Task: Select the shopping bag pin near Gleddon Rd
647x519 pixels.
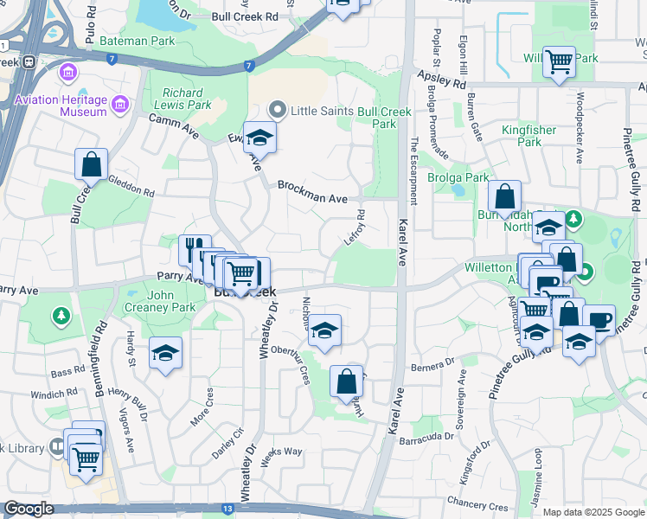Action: coord(91,164)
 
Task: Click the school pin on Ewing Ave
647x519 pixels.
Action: coord(258,139)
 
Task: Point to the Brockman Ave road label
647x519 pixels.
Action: coord(312,192)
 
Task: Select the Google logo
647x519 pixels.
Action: coord(29,509)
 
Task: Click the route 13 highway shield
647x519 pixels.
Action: coord(227,509)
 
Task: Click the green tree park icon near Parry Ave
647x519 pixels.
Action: coord(61,315)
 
